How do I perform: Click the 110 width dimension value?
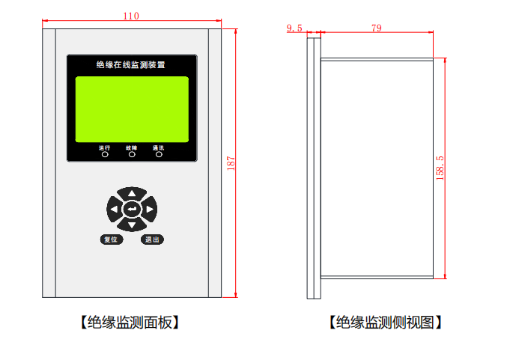[131, 16]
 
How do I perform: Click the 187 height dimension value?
[231, 162]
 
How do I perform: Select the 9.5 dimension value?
[294, 28]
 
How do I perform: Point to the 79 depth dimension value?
[377, 28]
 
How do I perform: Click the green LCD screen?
[132, 109]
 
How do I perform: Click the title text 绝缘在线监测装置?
[132, 66]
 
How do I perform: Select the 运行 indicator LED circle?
[105, 155]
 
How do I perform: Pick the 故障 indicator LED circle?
[132, 155]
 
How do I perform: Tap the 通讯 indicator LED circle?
[159, 155]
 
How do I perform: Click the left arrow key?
[115, 209]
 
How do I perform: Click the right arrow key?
[149, 209]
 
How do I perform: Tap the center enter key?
[132, 209]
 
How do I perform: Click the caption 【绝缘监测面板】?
[131, 323]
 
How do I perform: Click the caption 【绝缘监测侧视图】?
[385, 323]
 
